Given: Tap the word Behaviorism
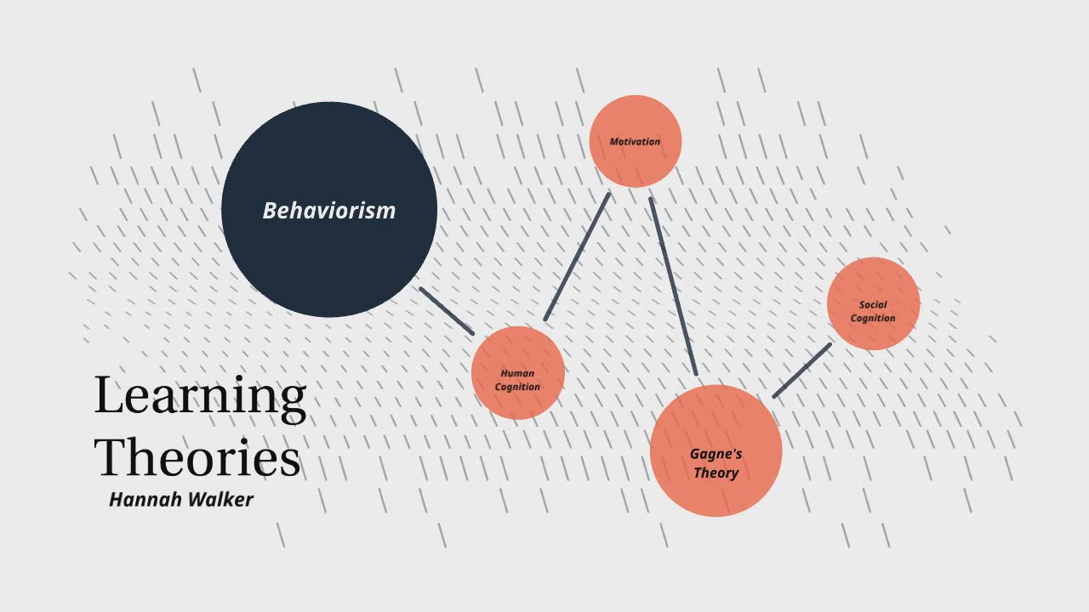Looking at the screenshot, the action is click(x=328, y=210).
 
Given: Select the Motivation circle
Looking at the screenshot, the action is click(x=636, y=161).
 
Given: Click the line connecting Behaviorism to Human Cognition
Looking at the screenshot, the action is click(x=447, y=310).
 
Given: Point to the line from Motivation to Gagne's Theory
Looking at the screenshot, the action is click(x=673, y=286).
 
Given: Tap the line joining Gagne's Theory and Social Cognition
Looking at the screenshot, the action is click(x=801, y=371).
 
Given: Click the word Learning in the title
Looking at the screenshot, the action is click(x=200, y=395).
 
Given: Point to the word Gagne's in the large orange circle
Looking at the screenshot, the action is click(x=716, y=454).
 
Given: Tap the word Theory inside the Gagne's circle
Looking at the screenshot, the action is click(x=716, y=473).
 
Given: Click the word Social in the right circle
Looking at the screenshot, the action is click(x=873, y=304).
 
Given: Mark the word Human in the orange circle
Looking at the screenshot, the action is click(x=517, y=373).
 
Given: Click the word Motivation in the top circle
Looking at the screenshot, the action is click(x=635, y=141).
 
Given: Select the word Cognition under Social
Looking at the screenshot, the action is click(x=873, y=318).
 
